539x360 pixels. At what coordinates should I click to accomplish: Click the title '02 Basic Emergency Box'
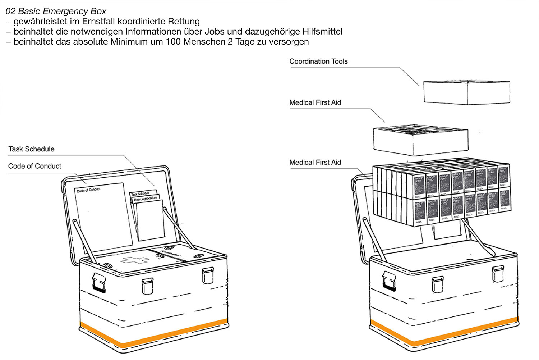point(56,11)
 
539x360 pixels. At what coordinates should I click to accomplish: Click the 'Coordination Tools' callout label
point(318,61)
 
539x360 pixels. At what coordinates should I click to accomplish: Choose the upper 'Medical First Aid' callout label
point(315,102)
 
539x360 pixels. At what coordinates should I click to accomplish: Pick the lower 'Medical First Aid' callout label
point(315,163)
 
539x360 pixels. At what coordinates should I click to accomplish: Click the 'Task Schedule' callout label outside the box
point(31,149)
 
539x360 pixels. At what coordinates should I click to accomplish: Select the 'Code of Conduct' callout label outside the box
point(34,166)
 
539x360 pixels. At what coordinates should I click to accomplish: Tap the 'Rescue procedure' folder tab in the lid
point(145,199)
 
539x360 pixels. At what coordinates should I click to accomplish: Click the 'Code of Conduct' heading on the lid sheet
point(88,190)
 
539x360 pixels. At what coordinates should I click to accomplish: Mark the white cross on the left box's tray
point(135,260)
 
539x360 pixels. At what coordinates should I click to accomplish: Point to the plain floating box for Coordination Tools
point(466,92)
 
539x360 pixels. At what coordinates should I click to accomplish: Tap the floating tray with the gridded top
point(420,140)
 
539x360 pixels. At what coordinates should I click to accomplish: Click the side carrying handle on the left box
point(99,282)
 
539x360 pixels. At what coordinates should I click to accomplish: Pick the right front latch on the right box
point(497,274)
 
